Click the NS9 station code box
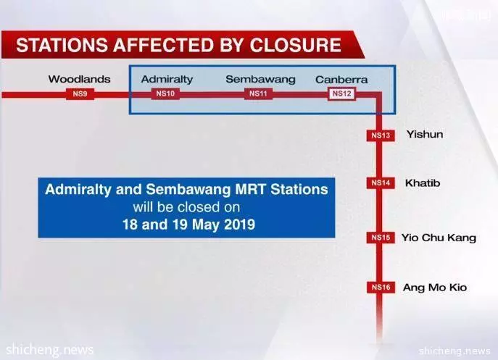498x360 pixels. tap(80, 94)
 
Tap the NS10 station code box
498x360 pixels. tap(165, 94)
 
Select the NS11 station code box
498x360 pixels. tap(258, 93)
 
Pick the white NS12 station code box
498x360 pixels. tap(341, 94)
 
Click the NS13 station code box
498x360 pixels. tap(381, 135)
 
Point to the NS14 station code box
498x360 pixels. tap(381, 183)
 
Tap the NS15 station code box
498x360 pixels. tap(381, 238)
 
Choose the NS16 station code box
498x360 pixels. tap(381, 288)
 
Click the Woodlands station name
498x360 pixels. tap(80, 79)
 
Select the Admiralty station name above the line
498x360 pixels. tap(167, 80)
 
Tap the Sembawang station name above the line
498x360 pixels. tap(260, 80)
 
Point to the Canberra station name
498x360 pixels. tap(341, 80)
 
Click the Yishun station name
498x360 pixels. tap(425, 134)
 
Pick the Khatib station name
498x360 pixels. tap(423, 183)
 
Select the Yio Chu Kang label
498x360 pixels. tap(439, 238)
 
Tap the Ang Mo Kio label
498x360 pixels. tap(435, 288)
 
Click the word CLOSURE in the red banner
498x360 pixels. tap(295, 45)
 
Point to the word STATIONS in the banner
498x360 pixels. tap(62, 45)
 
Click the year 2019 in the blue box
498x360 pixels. tap(239, 225)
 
